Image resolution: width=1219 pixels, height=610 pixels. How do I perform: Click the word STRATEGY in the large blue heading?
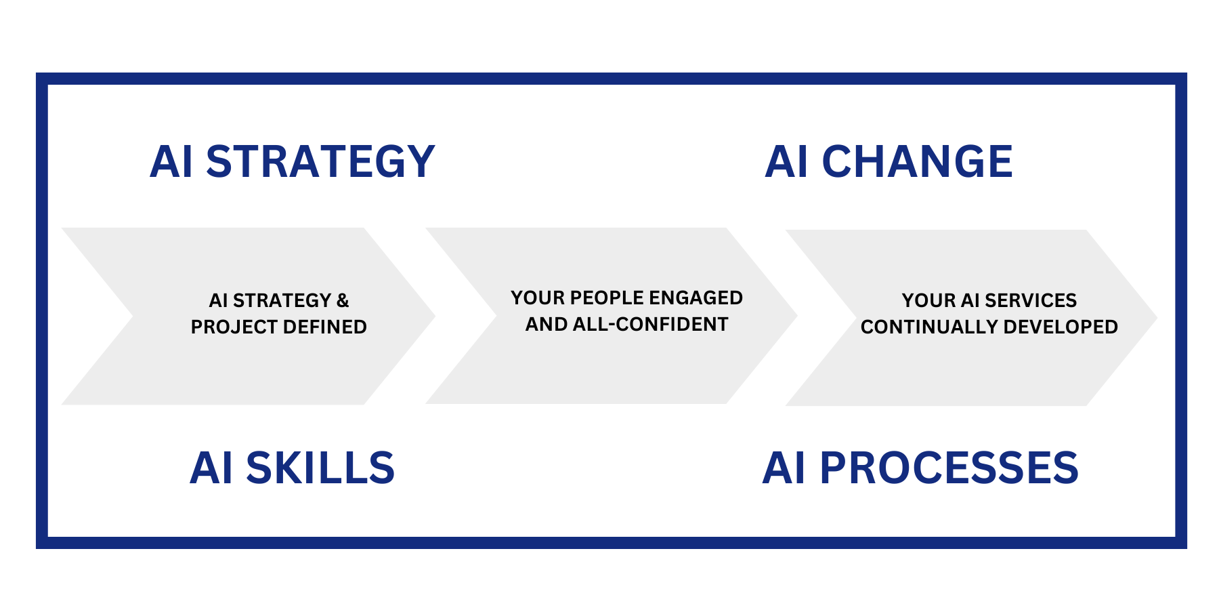(x=320, y=161)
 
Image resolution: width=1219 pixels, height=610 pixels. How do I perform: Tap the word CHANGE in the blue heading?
(x=917, y=161)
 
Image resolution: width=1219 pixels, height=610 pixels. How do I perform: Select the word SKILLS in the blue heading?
(x=320, y=468)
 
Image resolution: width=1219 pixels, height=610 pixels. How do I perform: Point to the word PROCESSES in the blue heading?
(x=949, y=468)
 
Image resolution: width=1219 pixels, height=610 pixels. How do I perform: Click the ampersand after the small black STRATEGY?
(x=343, y=300)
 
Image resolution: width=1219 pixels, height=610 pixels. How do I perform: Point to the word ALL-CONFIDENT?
(x=651, y=324)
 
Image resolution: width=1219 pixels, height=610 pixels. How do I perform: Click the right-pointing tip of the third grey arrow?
(x=1156, y=317)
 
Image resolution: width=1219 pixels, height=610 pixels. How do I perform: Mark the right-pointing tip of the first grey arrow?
(x=434, y=316)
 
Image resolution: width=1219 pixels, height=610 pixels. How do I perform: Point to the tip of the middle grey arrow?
(x=796, y=316)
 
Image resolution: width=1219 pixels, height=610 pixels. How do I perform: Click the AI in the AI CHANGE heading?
(x=786, y=161)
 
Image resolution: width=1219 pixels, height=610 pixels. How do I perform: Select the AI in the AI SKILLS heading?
(x=211, y=468)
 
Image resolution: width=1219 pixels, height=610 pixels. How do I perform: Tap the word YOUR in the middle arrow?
(x=538, y=298)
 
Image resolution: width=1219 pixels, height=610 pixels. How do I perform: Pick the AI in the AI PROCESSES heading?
(x=784, y=468)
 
